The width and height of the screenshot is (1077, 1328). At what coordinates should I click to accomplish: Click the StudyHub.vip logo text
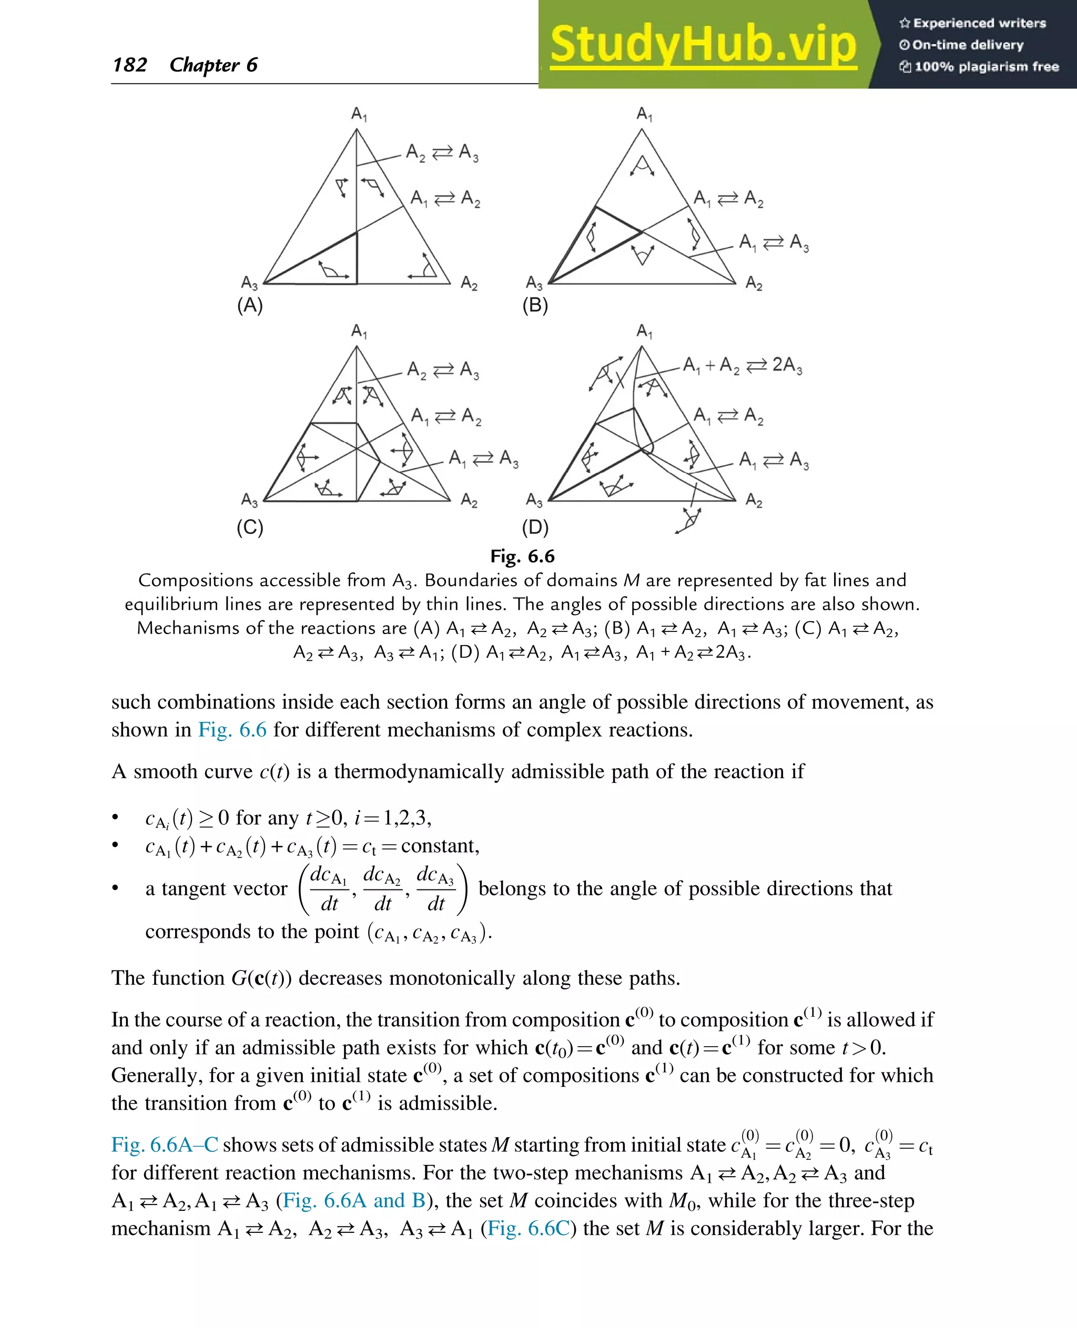[703, 45]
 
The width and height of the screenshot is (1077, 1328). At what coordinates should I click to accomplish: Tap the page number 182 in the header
[130, 65]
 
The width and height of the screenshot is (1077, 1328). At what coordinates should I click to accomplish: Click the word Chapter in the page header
[204, 65]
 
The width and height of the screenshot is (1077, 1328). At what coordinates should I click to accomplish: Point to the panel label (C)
[250, 527]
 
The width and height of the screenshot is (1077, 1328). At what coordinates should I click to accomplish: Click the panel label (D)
[535, 527]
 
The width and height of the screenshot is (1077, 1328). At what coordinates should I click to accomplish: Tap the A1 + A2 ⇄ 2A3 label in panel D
[742, 365]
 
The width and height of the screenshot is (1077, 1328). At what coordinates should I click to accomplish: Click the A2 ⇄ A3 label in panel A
[442, 152]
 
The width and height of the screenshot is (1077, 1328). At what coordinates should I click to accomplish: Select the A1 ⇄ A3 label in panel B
[774, 242]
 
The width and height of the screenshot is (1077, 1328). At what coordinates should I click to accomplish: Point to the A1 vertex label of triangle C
[359, 331]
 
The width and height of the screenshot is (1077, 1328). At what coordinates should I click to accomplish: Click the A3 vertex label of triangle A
[249, 283]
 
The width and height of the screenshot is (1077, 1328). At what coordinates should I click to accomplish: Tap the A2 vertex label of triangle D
[754, 500]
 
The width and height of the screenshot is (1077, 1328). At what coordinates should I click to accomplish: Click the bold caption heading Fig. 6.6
[522, 556]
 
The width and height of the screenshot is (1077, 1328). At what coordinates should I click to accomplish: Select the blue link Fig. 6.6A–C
[165, 1145]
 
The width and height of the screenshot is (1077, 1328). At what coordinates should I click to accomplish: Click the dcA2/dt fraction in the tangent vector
[382, 889]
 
